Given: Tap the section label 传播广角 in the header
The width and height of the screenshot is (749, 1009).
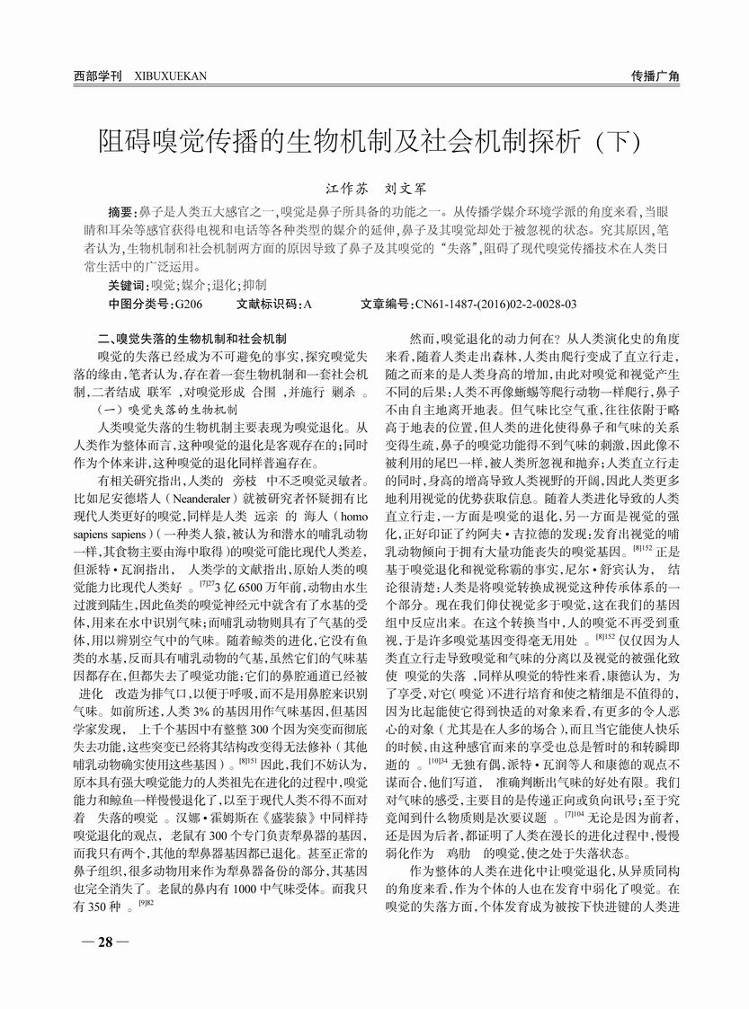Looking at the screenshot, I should [655, 76].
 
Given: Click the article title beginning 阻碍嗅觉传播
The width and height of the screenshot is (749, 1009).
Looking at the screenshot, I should [368, 142].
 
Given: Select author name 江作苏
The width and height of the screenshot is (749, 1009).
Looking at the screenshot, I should [344, 190].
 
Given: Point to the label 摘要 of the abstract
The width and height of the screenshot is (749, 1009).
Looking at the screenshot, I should [120, 212].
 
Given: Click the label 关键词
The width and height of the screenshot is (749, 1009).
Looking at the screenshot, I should [127, 285].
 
